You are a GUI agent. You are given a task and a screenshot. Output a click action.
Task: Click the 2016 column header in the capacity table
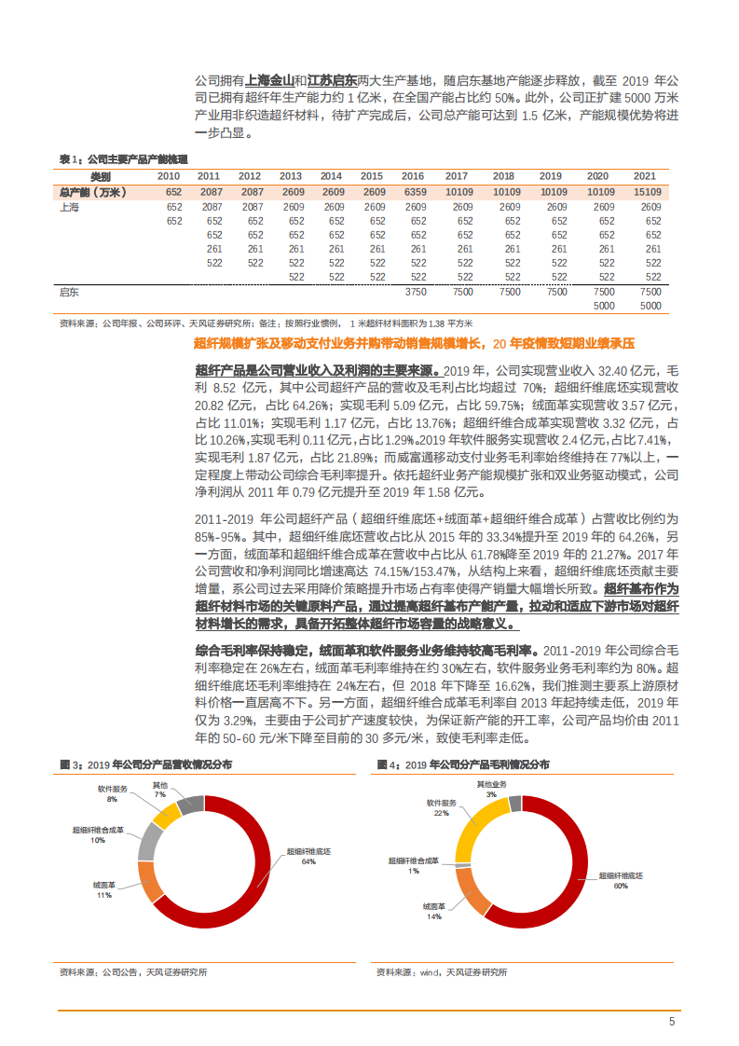[x=413, y=176]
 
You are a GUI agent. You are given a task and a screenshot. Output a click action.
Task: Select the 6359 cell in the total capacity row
[x=413, y=192]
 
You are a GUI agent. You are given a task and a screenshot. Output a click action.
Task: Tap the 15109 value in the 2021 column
[x=645, y=192]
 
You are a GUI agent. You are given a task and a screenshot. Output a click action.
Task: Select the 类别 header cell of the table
[x=100, y=176]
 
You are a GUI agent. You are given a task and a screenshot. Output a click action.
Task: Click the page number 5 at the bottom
[x=671, y=1022]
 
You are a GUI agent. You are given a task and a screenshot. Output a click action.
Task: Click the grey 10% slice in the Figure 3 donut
[x=149, y=840]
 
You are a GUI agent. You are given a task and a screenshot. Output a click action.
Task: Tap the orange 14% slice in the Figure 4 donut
[x=472, y=890]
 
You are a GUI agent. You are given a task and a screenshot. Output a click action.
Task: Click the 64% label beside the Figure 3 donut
[x=308, y=862]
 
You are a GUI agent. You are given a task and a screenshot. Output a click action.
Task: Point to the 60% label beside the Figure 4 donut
[x=621, y=887]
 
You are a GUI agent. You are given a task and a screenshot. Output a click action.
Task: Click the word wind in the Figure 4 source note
[x=431, y=972]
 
